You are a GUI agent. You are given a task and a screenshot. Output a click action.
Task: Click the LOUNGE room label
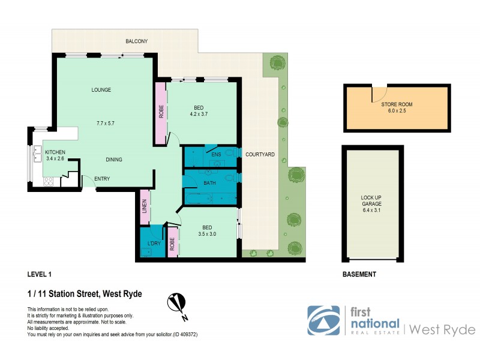(x=101, y=90)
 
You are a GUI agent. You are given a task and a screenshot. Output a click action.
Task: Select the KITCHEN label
(x=55, y=152)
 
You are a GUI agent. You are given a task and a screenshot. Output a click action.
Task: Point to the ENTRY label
(x=102, y=179)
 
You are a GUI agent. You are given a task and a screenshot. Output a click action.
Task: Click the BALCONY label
(x=136, y=41)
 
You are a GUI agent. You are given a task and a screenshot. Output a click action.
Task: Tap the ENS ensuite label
(x=217, y=155)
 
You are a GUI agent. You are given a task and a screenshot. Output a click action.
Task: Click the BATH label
(x=209, y=183)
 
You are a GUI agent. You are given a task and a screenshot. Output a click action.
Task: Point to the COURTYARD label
(x=260, y=155)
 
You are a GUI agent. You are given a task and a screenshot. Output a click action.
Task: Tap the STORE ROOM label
(x=397, y=104)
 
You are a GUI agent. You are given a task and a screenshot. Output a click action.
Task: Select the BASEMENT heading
(x=359, y=274)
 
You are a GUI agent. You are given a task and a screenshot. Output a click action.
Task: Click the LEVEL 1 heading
(x=40, y=274)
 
